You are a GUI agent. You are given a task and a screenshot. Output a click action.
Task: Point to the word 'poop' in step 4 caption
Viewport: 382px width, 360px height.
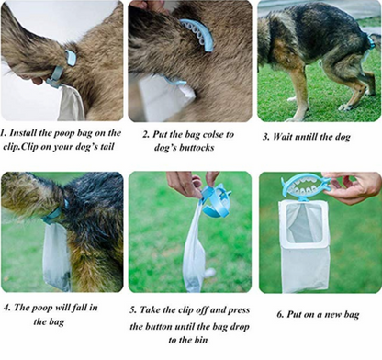click(x=42, y=309)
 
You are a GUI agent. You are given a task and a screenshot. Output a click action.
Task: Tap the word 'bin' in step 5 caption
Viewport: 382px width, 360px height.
click(x=201, y=340)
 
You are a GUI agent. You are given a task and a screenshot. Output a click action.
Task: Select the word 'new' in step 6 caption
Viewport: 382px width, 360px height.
click(x=333, y=314)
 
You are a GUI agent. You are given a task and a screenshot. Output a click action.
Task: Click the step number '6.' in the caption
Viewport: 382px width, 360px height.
click(x=281, y=314)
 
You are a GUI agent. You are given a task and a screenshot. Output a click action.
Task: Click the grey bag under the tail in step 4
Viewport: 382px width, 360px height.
click(x=56, y=255)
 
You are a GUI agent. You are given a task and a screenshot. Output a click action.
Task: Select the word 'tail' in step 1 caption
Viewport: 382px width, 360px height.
click(x=107, y=146)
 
